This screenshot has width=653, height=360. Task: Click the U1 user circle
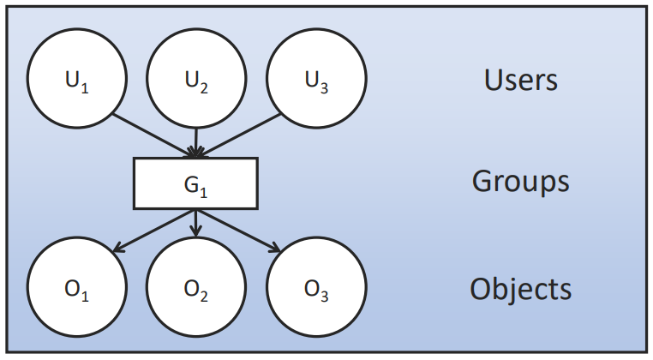click(x=76, y=78)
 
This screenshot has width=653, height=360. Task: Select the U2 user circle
click(x=196, y=78)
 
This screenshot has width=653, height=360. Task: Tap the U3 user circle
click(x=316, y=78)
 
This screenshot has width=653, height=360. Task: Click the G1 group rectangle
click(x=195, y=183)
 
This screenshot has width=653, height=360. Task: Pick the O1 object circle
click(x=76, y=286)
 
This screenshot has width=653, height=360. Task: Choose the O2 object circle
click(x=196, y=286)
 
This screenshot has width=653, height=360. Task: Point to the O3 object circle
click(x=316, y=286)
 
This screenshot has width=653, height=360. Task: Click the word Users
click(x=520, y=80)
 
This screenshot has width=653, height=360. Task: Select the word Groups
click(x=520, y=181)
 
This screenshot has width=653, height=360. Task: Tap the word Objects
click(x=520, y=289)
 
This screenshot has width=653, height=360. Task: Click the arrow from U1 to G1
click(x=154, y=135)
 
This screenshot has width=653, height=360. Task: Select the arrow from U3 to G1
click(x=238, y=135)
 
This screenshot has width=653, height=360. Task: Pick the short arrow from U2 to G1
click(x=195, y=142)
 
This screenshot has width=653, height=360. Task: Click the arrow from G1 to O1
click(x=154, y=231)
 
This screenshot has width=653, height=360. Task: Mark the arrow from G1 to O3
click(x=238, y=231)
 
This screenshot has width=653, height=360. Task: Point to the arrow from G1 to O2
click(x=195, y=224)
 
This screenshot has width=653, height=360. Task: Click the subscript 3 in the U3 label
click(x=324, y=88)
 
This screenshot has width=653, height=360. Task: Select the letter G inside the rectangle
click(x=191, y=183)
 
